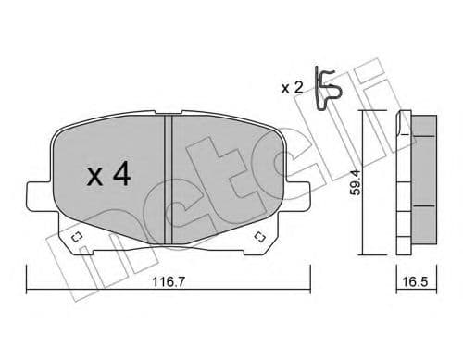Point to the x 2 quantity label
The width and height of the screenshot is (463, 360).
[x=292, y=88]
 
